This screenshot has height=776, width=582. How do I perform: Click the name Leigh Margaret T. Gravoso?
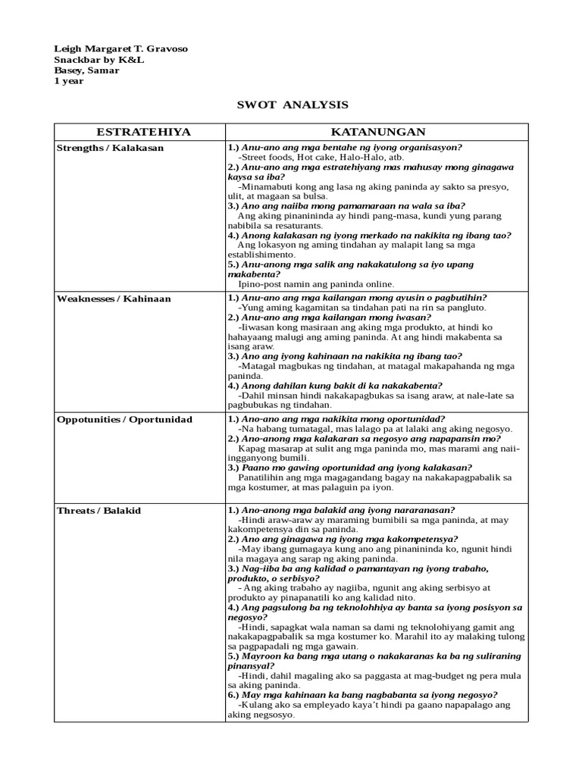[120, 49]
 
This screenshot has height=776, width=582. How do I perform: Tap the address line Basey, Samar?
[86, 70]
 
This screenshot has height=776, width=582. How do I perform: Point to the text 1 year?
[69, 81]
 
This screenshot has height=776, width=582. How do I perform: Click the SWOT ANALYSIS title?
[290, 105]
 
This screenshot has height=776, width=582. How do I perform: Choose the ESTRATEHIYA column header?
[139, 133]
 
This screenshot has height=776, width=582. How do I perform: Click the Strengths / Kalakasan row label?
[111, 148]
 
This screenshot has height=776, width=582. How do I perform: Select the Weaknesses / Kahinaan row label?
[114, 299]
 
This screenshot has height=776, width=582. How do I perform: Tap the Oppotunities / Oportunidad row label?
[124, 419]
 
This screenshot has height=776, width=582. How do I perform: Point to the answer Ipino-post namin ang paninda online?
[316, 284]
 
